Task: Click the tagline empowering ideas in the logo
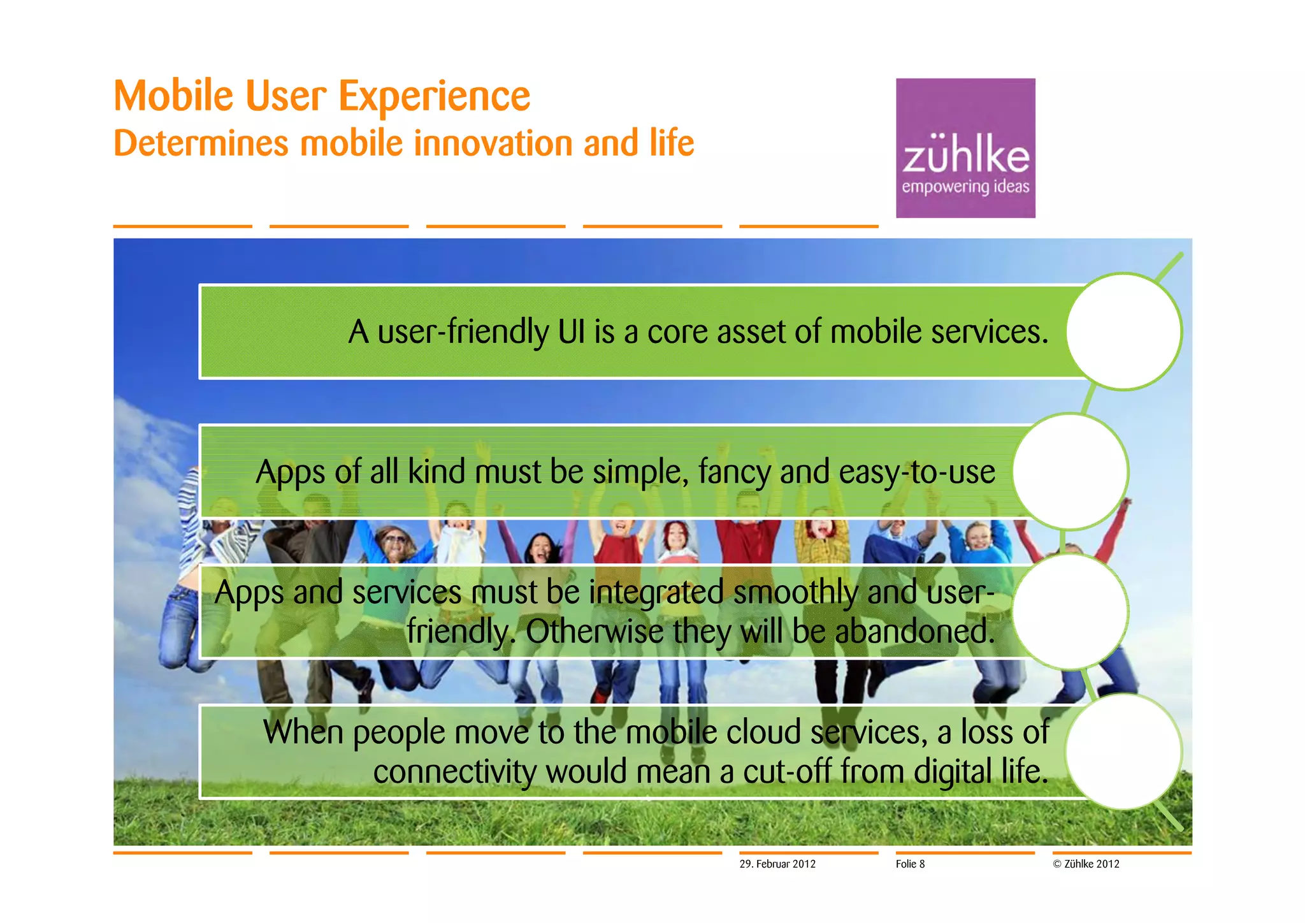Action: (965, 187)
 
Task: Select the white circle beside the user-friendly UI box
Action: (1123, 331)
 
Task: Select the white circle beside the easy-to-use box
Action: (1070, 471)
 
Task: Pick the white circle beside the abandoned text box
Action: (1070, 611)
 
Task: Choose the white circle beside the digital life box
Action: (1123, 752)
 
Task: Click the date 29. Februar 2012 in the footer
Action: (777, 864)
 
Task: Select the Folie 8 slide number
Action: (910, 864)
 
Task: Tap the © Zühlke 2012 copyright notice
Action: (1086, 864)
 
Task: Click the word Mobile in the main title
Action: (173, 96)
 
